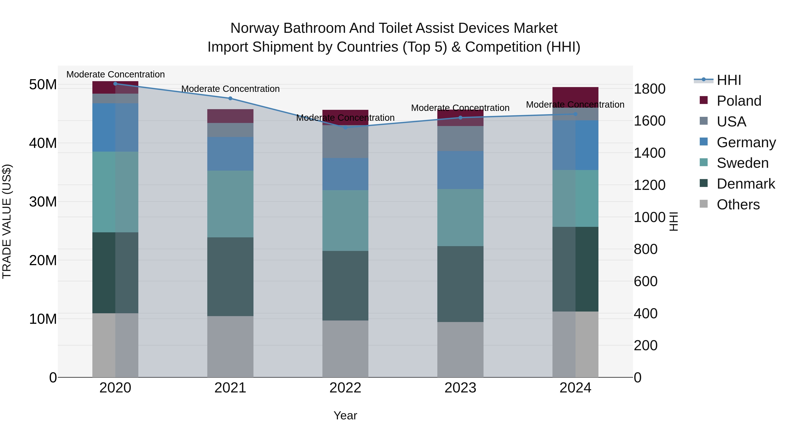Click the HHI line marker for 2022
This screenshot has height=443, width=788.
click(345, 128)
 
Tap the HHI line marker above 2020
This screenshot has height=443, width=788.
click(115, 84)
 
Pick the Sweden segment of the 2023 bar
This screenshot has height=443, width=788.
click(460, 217)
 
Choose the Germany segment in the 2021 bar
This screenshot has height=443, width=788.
click(230, 154)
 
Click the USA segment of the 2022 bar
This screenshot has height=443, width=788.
click(345, 142)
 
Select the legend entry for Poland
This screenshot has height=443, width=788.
click(739, 101)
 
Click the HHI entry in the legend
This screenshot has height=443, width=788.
click(729, 80)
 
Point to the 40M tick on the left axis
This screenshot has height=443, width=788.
click(43, 143)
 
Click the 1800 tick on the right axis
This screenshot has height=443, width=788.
click(649, 89)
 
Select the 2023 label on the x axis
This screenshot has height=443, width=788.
click(460, 388)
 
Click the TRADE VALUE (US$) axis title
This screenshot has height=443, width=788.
click(7, 221)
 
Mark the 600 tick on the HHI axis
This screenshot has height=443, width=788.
click(646, 281)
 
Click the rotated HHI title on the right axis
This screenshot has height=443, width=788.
click(673, 221)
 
